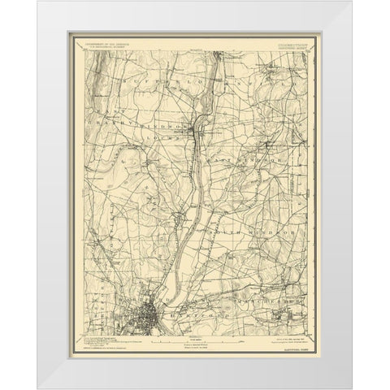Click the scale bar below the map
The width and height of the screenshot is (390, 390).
tap(195, 336)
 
